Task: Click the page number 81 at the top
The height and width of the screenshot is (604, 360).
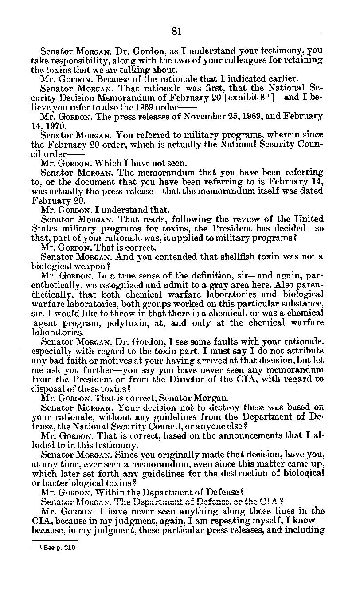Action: click(x=177, y=31)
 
